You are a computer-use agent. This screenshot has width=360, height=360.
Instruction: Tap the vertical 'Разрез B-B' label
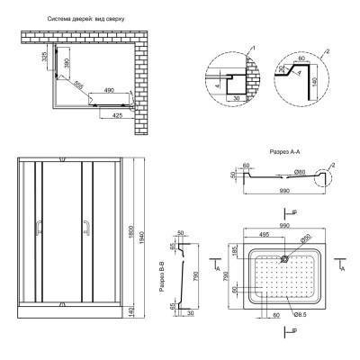[x=160, y=277]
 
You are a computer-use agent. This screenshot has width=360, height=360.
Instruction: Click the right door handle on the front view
[x=85, y=229]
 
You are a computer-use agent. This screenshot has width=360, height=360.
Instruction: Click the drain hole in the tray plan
[x=284, y=258]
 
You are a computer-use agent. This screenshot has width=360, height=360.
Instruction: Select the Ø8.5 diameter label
[x=299, y=313]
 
